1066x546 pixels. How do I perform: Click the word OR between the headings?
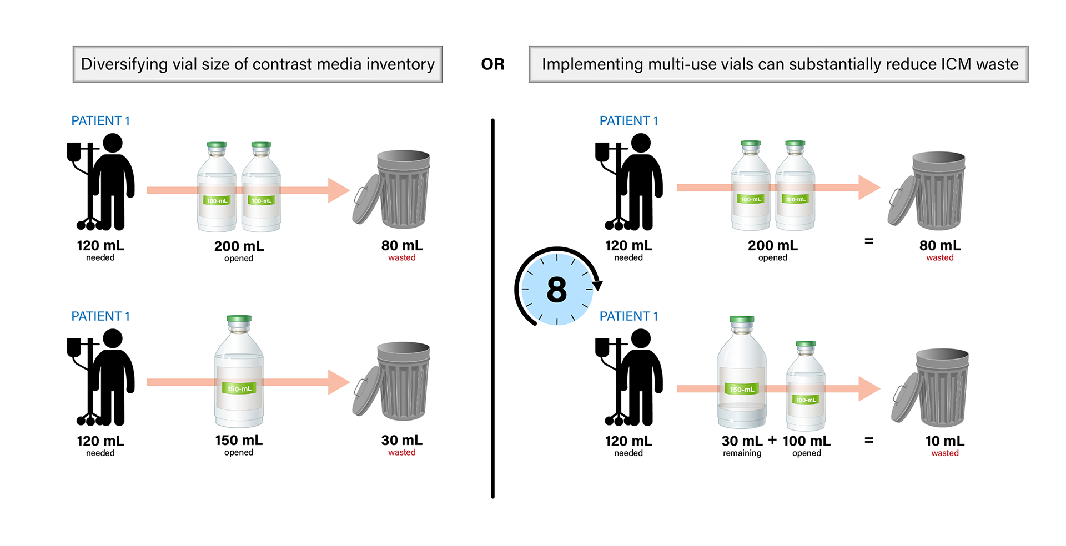point(492,64)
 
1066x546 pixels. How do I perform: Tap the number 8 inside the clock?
point(556,290)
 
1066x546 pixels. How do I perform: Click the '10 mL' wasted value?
point(945,441)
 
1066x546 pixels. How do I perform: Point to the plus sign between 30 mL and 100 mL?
point(772,441)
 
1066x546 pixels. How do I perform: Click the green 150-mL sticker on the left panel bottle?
point(239,388)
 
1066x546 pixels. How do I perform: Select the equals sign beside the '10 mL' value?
point(869,441)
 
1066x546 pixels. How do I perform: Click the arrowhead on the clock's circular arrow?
point(597,286)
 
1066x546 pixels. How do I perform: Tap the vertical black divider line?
point(492,309)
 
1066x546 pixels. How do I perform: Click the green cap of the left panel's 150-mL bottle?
point(239,319)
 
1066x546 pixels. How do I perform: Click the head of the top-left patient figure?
point(112,143)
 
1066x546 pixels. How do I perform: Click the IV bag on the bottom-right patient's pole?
point(602,347)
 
